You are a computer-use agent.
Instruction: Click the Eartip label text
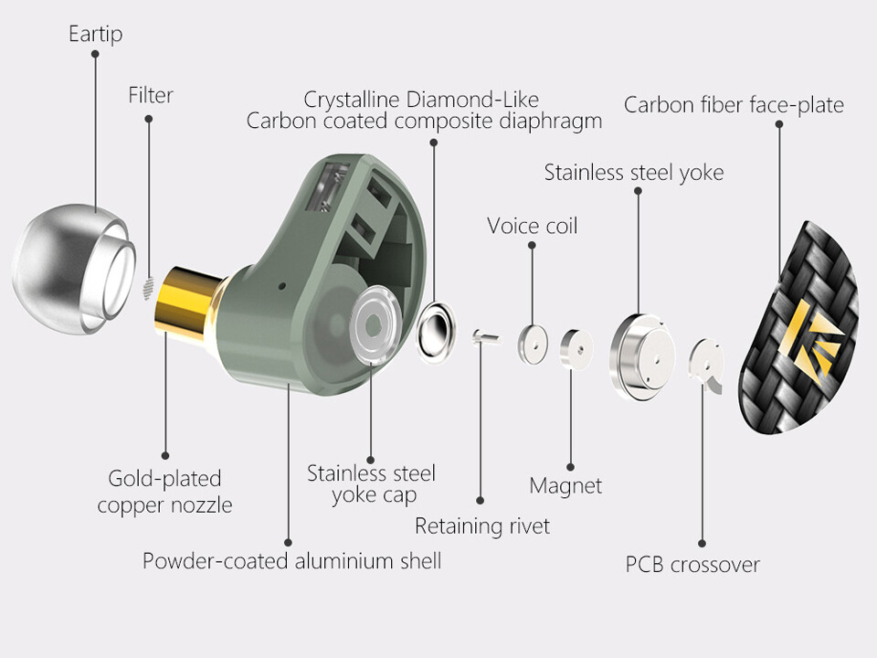(95, 35)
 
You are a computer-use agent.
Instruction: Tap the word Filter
(151, 95)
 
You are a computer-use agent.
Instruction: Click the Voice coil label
(532, 226)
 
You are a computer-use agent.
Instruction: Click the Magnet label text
(565, 485)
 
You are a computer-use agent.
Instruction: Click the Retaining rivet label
(482, 526)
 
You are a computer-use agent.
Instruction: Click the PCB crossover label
(692, 565)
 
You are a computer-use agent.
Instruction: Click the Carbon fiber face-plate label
(734, 105)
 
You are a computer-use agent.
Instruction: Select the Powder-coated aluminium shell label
(291, 560)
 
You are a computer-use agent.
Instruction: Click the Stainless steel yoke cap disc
(372, 323)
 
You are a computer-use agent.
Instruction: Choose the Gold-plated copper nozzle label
(164, 492)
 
